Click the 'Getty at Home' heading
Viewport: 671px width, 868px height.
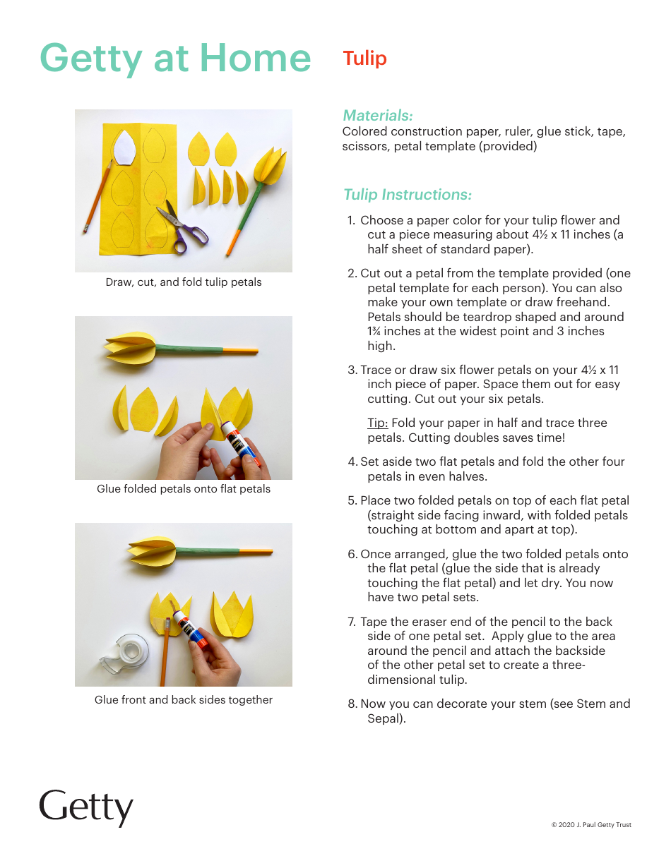(x=175, y=59)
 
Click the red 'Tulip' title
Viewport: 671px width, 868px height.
(x=364, y=59)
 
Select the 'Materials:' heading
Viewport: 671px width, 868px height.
(x=377, y=115)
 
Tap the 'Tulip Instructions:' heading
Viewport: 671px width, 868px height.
(x=407, y=194)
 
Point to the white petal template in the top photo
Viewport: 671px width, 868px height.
(x=126, y=146)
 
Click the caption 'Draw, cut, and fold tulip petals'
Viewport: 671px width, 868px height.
(x=184, y=282)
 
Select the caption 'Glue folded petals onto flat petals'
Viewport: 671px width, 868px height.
(x=184, y=488)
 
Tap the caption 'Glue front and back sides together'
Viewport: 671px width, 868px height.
(x=184, y=700)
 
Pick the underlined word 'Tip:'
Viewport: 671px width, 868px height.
(x=377, y=423)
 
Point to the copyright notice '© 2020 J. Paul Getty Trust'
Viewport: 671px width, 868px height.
(x=591, y=825)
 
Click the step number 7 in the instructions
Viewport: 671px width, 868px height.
(x=351, y=622)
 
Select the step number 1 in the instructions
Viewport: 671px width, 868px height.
(x=351, y=220)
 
